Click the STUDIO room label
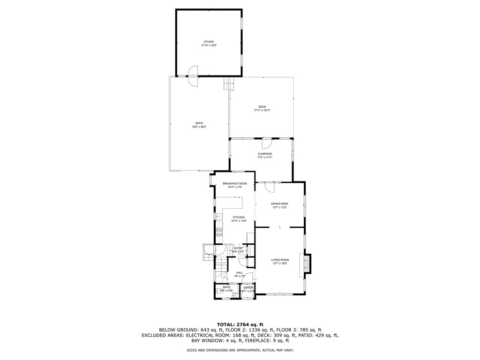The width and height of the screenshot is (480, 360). click(209, 42)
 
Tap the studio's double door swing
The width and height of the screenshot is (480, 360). click(193, 76)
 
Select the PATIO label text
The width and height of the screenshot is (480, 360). click(199, 123)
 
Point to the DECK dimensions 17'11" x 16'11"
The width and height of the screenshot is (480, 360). click(262, 110)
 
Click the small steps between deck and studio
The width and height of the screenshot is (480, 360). click(228, 84)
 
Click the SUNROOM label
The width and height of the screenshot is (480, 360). click(264, 154)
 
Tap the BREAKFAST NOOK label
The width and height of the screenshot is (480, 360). click(234, 183)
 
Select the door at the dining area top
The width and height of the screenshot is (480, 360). click(269, 187)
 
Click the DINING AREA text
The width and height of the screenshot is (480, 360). click(279, 204)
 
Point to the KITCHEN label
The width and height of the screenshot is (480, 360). click(239, 217)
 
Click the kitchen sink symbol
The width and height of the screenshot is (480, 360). click(218, 216)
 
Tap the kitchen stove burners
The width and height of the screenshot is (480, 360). click(219, 232)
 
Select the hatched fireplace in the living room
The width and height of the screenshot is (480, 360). click(307, 263)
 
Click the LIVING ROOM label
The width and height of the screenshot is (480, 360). click(280, 260)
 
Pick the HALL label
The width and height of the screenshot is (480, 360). click(239, 273)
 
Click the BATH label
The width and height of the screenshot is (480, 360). click(226, 287)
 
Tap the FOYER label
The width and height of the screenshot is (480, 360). click(248, 287)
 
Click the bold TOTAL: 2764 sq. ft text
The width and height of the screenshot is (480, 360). click(240, 324)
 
